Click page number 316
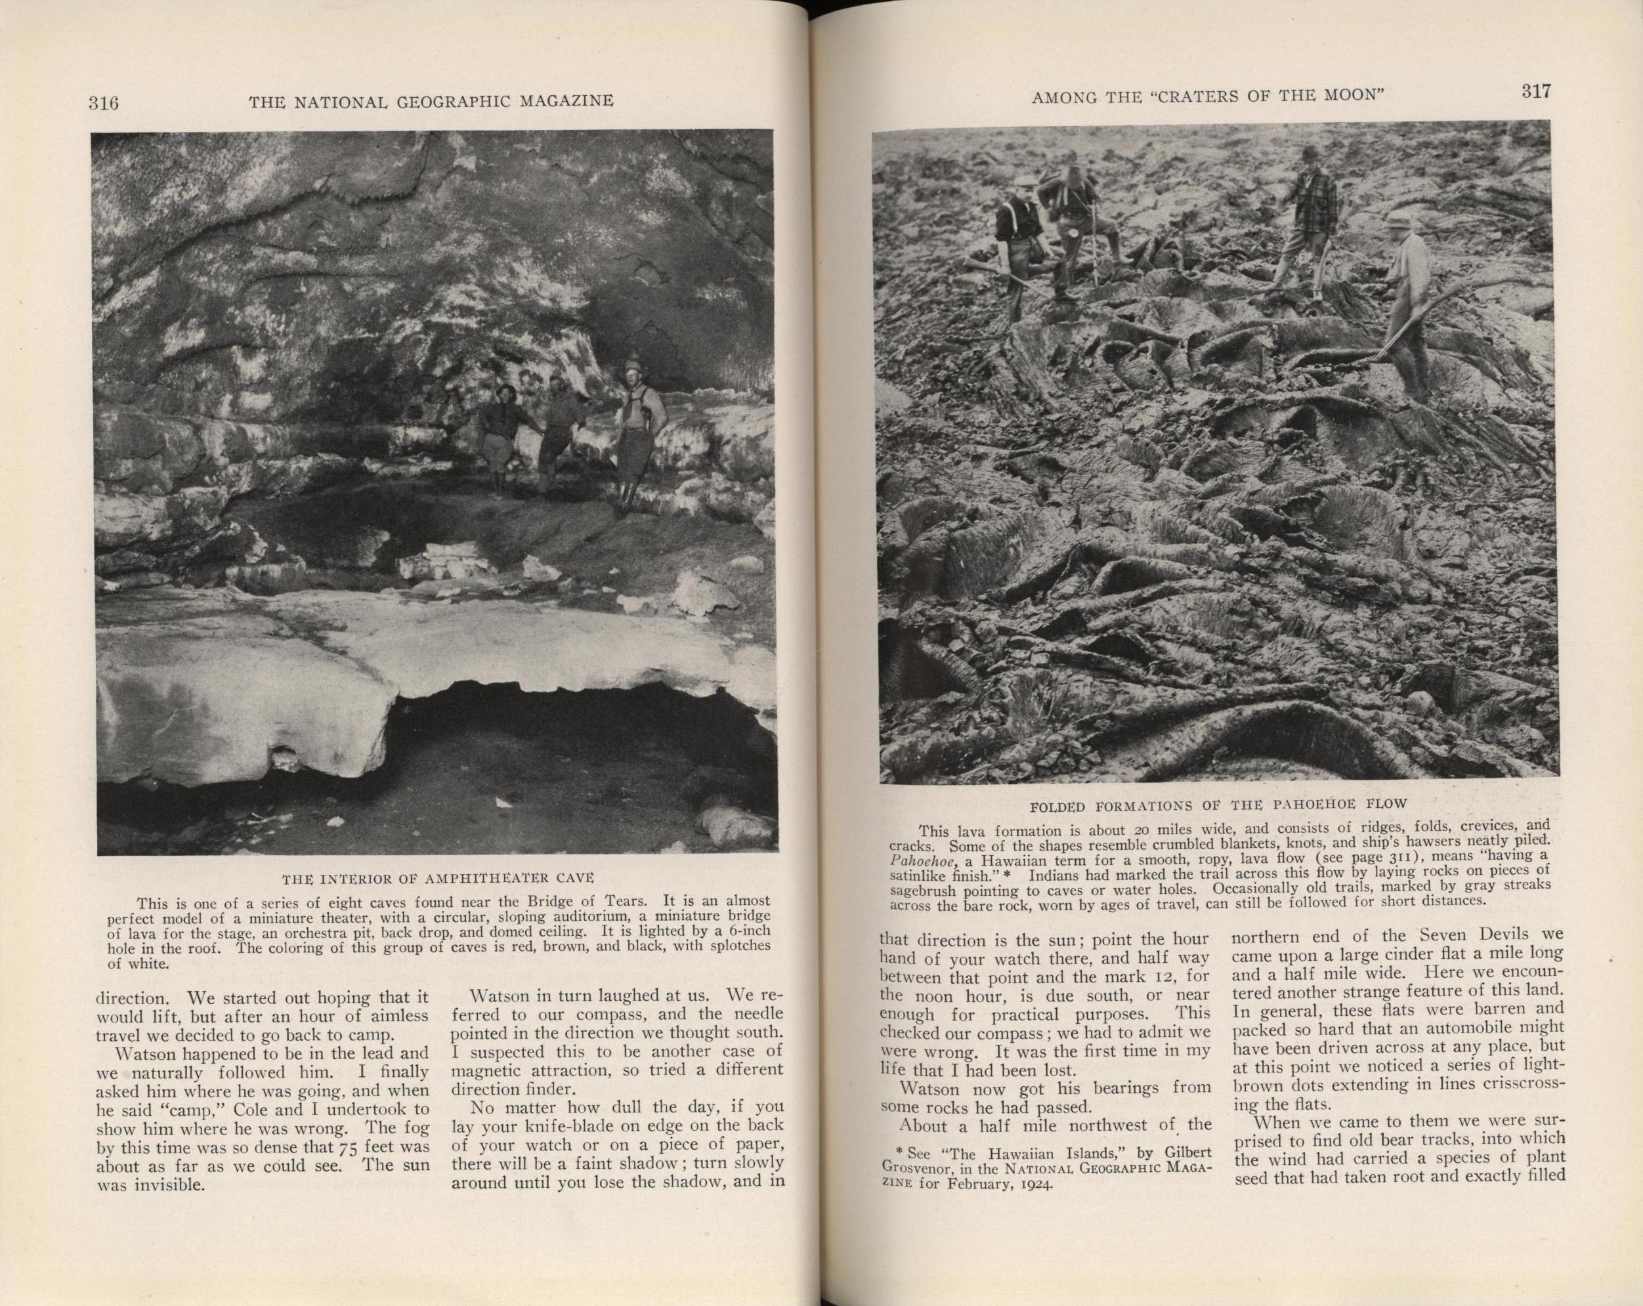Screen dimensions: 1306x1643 point(103,102)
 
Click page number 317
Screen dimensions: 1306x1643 point(1536,91)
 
